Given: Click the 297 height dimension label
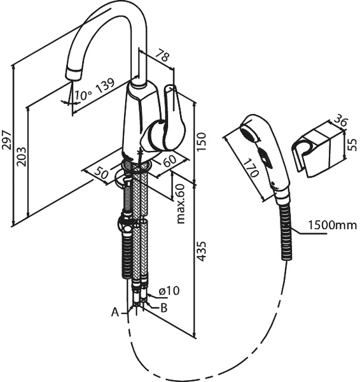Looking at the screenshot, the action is click(7, 139).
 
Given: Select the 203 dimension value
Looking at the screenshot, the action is click(22, 157).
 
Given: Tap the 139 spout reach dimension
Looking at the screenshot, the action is click(105, 86).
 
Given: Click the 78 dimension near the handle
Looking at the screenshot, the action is click(162, 55).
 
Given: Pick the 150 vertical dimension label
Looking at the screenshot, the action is click(201, 142).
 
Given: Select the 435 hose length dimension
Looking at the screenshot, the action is click(201, 251).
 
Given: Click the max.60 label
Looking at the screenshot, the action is click(181, 204).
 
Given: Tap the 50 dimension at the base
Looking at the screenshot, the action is click(101, 173).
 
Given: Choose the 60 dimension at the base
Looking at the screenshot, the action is click(170, 160).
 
